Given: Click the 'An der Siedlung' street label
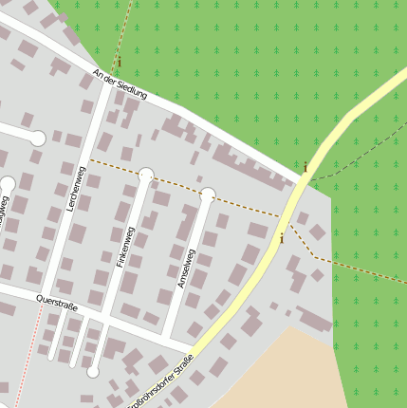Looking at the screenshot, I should click(x=120, y=84).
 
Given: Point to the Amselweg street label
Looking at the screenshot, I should click(x=185, y=269).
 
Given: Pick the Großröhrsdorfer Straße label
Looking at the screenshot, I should click(x=162, y=380).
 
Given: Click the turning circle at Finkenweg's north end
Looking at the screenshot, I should click(x=146, y=175).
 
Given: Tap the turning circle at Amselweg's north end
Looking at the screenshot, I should click(x=208, y=195).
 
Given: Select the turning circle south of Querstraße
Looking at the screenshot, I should click(x=93, y=371).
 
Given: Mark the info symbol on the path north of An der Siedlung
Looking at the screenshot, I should click(x=120, y=63).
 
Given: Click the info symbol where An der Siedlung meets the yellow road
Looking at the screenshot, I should click(x=305, y=168).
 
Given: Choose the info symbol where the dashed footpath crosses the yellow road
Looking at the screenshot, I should click(x=281, y=239).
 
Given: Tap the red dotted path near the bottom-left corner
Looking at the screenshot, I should click(x=28, y=361).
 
